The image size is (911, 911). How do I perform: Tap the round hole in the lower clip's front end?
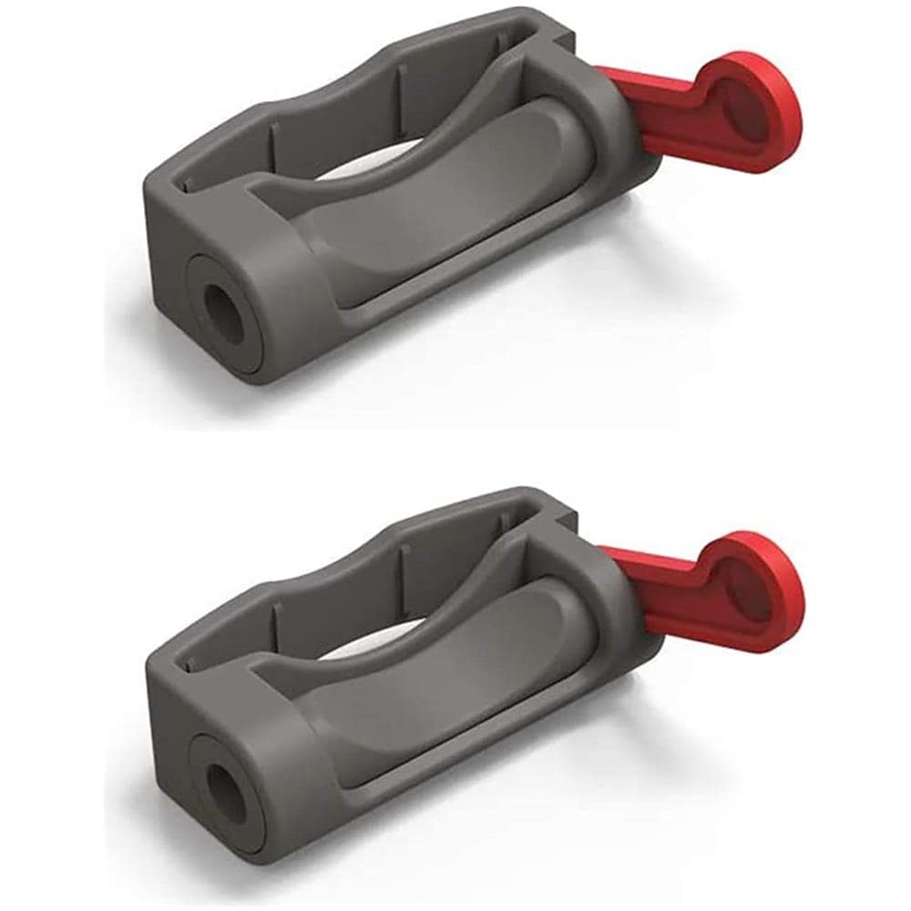pyautogui.click(x=225, y=789)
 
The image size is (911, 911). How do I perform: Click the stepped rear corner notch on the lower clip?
pyautogui.click(x=559, y=507)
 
